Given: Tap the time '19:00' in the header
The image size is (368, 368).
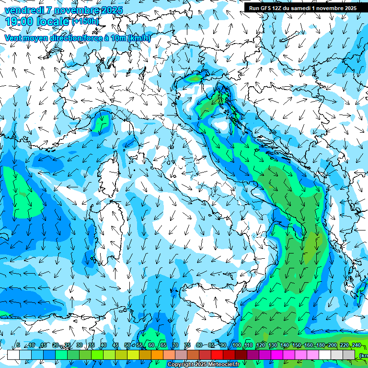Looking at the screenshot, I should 19,22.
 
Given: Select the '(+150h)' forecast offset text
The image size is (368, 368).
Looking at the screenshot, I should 85,22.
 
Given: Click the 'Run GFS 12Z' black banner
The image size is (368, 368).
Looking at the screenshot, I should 302,8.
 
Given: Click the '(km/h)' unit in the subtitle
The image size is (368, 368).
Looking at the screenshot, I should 139,38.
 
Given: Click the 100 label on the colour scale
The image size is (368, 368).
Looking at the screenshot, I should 237,345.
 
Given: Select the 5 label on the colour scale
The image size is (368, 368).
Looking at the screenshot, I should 18,345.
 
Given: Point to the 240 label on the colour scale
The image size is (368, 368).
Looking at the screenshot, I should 356,345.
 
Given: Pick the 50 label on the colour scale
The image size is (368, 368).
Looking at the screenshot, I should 127,345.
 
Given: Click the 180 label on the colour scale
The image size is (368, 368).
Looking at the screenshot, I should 321,345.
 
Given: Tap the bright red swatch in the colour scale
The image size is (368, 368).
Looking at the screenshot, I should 217,355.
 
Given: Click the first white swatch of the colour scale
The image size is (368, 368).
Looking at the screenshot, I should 13,355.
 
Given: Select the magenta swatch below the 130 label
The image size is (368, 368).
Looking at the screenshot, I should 277,355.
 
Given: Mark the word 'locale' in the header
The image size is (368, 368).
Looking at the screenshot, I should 52,22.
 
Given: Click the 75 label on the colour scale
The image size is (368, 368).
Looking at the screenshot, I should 187,345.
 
